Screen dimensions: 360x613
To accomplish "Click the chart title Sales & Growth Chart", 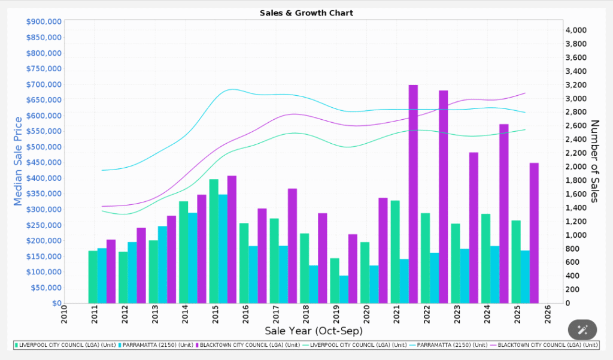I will (306, 13).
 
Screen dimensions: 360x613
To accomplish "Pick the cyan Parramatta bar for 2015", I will (223, 249).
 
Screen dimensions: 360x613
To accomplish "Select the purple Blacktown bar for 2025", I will (534, 233).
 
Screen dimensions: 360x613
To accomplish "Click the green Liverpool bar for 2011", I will (93, 277).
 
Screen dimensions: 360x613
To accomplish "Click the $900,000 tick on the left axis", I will (44, 22).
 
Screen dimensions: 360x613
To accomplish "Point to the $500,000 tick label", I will (44, 147).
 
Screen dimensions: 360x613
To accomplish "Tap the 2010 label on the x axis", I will (65, 314).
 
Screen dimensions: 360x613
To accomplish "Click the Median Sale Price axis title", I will (18, 162).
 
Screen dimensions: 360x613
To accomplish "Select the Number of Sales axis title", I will (594, 162).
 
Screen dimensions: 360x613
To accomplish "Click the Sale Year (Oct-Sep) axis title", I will (313, 331).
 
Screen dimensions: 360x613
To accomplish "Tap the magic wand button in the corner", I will (582, 329).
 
